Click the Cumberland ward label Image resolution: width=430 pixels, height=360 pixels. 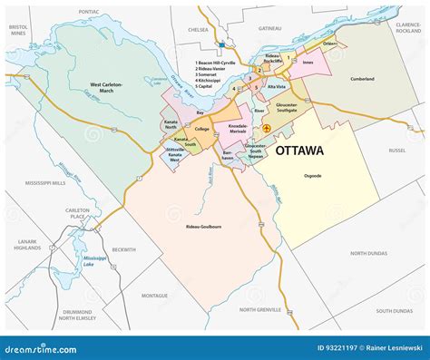(361, 79)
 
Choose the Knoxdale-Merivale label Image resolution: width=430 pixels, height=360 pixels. (232, 130)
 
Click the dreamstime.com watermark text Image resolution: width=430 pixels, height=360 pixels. (42, 347)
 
